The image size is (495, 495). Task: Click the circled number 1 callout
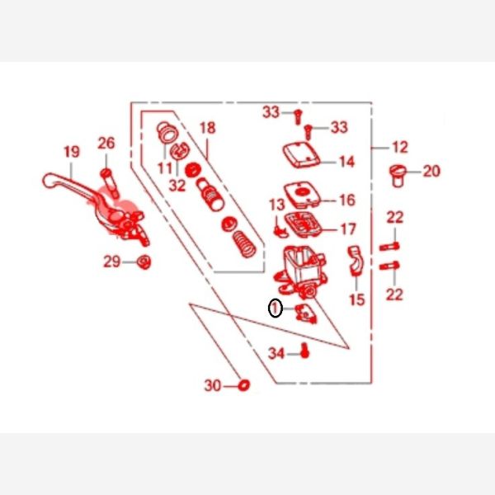pos(275,308)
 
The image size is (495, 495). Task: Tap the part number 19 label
pos(72,152)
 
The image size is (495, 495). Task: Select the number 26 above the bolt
pos(106,143)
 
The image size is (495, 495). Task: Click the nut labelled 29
pos(144,262)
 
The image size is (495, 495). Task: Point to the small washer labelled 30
pos(243,384)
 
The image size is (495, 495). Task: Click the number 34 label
pos(276,353)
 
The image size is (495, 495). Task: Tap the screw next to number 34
pos(304,351)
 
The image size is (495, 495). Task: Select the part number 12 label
pos(400,147)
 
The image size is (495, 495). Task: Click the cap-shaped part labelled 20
pos(397,176)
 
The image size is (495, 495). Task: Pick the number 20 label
pos(431,172)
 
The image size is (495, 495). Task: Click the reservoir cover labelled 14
pos(301,154)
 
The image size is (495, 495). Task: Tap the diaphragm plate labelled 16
pos(302,194)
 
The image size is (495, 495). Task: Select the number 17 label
pos(348,229)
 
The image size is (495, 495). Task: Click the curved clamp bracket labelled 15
pos(356,261)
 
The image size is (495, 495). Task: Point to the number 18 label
pos(208,128)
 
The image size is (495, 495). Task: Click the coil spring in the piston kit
pos(244,244)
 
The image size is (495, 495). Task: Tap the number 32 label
pos(177,186)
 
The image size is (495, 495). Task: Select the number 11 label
pos(165,168)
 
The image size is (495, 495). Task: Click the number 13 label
pos(277,205)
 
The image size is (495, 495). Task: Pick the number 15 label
pos(357,299)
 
